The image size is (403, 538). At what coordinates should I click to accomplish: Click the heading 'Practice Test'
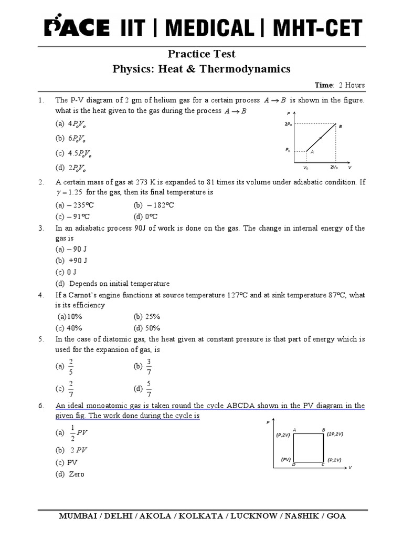201,54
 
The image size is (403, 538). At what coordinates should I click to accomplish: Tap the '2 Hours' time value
352,85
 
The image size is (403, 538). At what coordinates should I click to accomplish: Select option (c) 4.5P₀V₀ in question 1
75,153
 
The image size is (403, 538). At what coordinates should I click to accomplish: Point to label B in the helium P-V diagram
340,127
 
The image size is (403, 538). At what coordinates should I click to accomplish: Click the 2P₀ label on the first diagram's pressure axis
289,124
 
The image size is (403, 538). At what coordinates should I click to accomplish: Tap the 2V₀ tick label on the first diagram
334,167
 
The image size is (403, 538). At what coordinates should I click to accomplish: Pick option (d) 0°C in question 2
146,216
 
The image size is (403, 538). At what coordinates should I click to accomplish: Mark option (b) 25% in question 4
147,317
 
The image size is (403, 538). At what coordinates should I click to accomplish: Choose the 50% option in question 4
147,328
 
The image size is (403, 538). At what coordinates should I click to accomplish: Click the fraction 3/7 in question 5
149,366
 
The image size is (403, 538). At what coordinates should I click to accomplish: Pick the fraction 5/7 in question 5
149,389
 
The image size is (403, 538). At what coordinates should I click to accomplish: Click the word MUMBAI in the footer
79,516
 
